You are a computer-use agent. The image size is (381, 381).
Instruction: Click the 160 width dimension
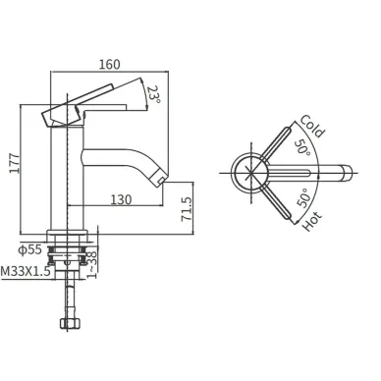click(110, 64)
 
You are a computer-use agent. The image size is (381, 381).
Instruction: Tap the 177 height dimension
click(14, 163)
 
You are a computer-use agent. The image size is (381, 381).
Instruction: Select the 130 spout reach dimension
click(121, 199)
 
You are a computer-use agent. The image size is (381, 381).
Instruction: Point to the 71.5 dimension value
click(187, 209)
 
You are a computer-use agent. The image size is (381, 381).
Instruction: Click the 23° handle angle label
click(154, 94)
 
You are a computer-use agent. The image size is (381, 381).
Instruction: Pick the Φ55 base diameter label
click(30, 249)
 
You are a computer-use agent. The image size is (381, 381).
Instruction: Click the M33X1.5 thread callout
click(26, 271)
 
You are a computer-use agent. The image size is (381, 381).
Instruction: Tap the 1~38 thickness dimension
click(92, 264)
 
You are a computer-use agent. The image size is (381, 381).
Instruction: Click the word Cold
click(312, 126)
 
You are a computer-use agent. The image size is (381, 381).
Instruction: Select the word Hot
click(311, 221)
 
